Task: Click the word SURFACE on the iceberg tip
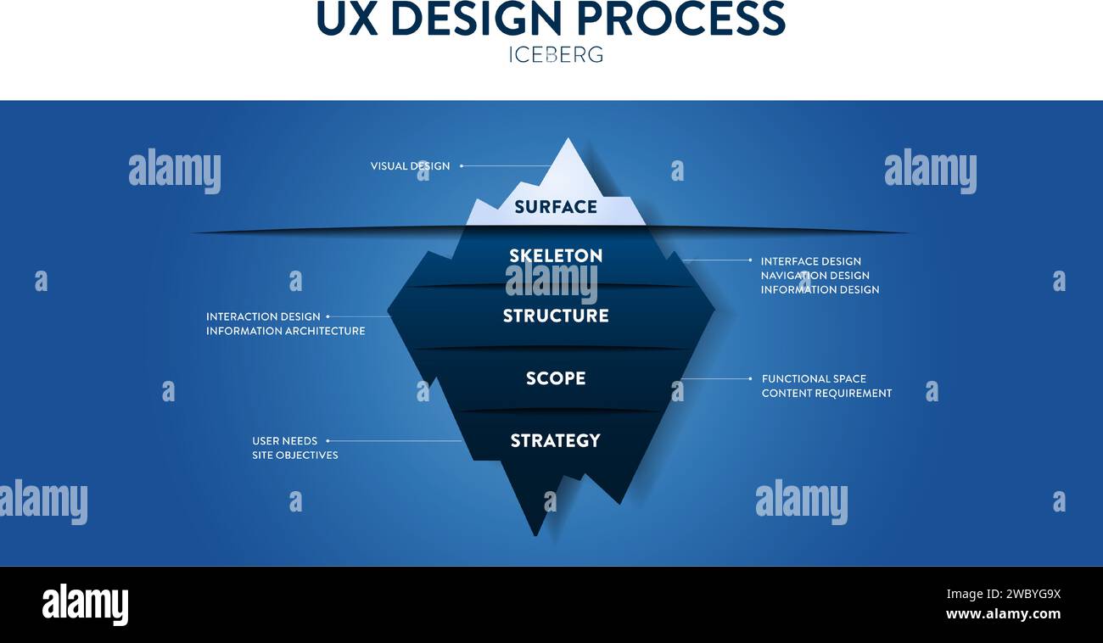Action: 556,207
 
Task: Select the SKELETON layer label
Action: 556,255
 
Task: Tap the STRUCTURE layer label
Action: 556,316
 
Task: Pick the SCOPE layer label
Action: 556,378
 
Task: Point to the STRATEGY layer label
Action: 556,440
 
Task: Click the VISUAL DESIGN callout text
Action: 411,166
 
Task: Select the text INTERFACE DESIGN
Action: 811,261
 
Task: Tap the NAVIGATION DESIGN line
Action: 815,276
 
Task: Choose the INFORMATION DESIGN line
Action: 820,290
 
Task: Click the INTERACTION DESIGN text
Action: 263,316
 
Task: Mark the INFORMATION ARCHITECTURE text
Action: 286,331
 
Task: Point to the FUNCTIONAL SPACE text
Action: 814,379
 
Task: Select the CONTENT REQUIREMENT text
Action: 826,394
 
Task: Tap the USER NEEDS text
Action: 285,441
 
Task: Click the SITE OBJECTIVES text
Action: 295,456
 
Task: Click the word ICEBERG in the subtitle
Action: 556,54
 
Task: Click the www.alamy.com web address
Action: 1003,614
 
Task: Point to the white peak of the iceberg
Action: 567,165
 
